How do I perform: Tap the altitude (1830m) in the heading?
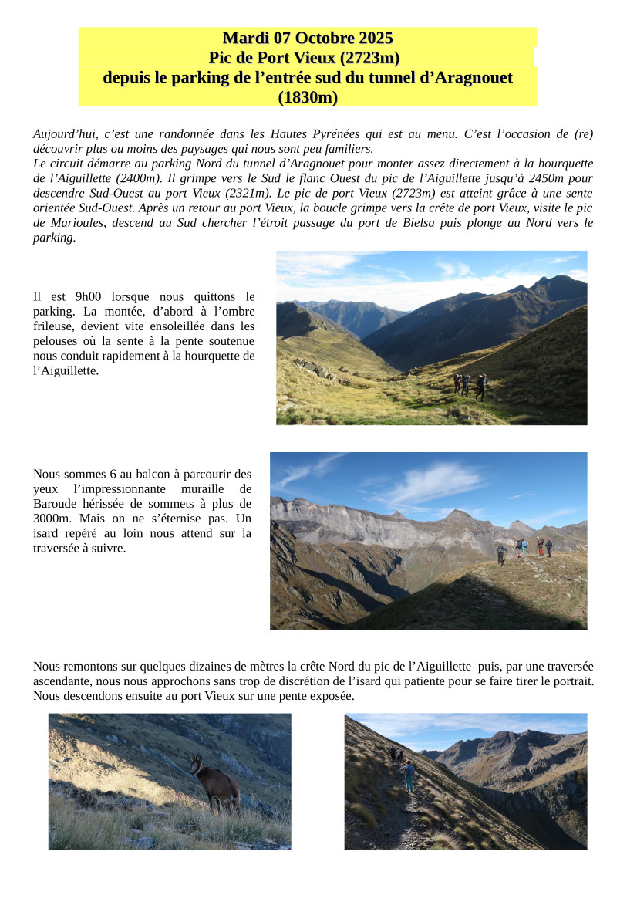(x=308, y=98)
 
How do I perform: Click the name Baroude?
(x=55, y=504)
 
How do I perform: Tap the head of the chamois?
(x=196, y=763)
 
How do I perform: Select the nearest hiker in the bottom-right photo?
(x=408, y=775)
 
